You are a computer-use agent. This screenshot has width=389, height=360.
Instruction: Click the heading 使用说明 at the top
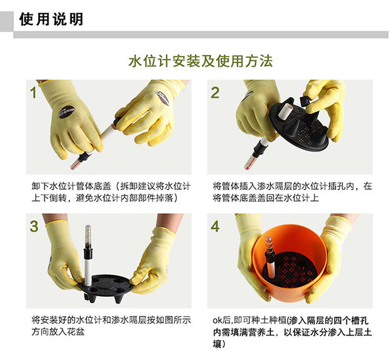pos(51,19)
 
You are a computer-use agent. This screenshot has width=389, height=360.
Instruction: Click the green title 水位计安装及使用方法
pos(201,61)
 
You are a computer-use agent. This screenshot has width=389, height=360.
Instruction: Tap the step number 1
pos(33,93)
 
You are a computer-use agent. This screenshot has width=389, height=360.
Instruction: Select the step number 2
pos(215,93)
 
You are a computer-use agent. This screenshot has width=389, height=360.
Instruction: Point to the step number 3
pos(34,226)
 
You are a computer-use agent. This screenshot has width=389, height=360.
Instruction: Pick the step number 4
pos(215,226)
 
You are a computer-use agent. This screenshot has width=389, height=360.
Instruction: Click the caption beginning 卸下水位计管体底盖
pos(111,192)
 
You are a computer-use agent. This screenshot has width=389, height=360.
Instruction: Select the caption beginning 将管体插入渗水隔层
pos(292,192)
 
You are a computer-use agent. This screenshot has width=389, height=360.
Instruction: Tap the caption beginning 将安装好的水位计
pos(111,326)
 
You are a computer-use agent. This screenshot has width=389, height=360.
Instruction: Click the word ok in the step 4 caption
pos(217,321)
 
